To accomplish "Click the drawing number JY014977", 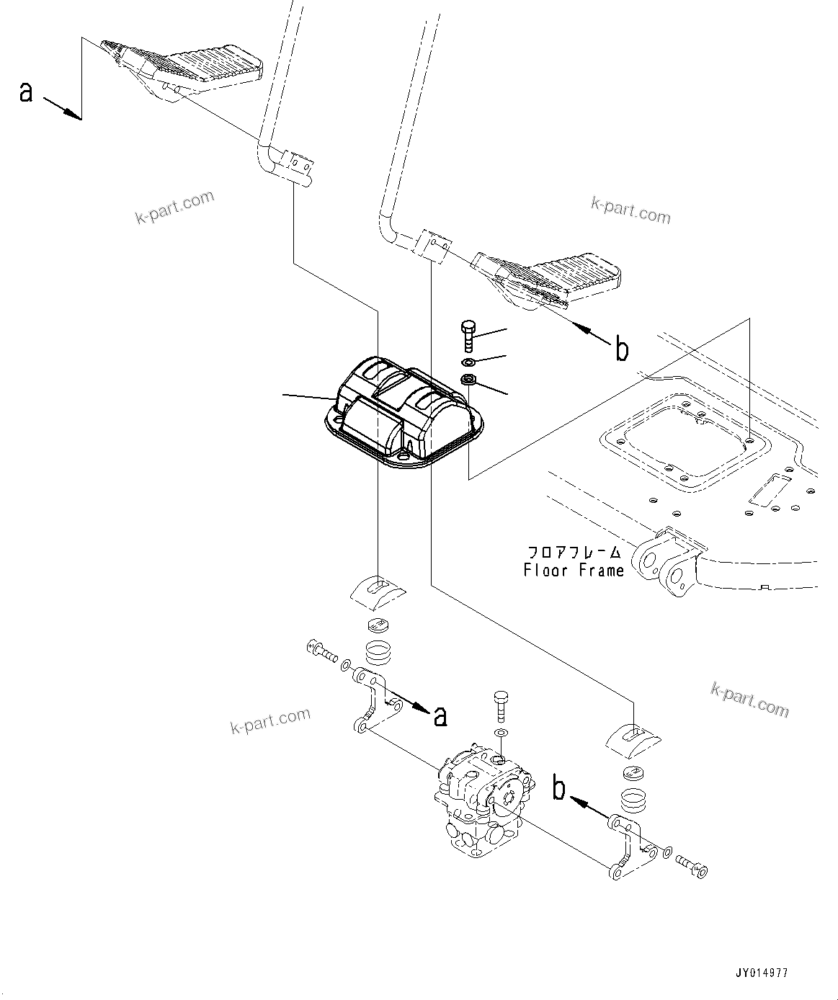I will tap(761, 973).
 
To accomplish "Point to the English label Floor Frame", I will tap(574, 571).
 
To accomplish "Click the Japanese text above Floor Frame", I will tap(574, 553).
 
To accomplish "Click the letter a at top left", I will tap(27, 92).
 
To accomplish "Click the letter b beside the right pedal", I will tap(621, 349).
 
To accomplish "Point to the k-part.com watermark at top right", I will tap(630, 210).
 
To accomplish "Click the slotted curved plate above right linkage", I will tap(633, 737).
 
